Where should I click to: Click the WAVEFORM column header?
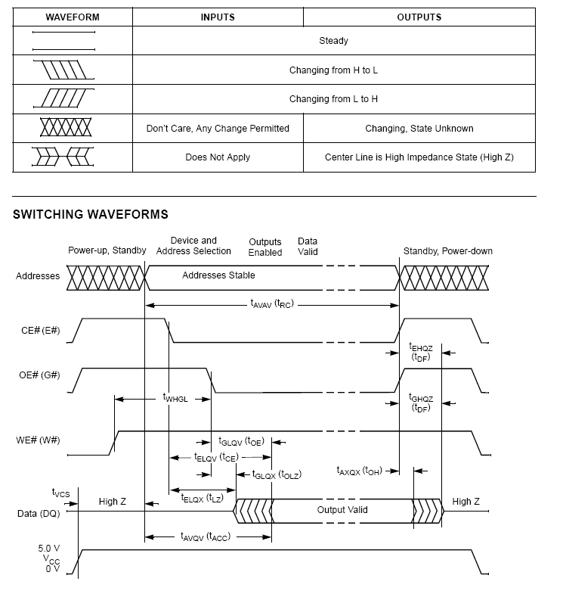(73, 17)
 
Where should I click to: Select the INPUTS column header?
(218, 17)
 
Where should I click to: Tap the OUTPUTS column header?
(419, 17)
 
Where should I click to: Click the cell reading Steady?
(333, 41)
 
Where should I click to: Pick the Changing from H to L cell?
(333, 70)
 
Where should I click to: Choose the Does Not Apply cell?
(218, 157)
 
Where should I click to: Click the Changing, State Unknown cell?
(419, 129)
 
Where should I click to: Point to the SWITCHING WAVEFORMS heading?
(91, 215)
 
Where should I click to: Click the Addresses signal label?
(38, 276)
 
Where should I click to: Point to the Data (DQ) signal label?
(38, 514)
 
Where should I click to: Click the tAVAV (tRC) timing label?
(272, 304)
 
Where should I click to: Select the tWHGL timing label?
(175, 397)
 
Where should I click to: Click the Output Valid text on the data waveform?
(342, 510)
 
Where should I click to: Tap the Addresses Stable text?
(218, 275)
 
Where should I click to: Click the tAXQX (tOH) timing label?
(359, 471)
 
